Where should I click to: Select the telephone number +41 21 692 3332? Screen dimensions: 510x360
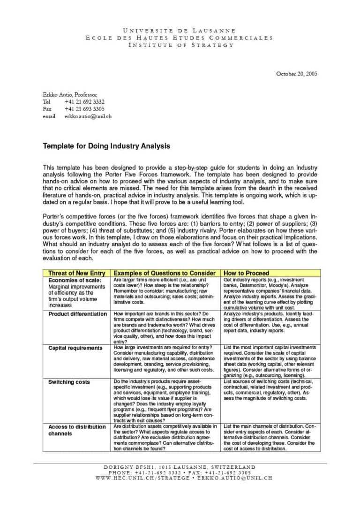tap(84, 102)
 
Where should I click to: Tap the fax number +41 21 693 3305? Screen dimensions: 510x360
tap(84, 109)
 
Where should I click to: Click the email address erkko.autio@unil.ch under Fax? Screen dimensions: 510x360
tap(88, 116)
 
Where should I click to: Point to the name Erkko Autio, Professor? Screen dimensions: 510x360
tap(70, 94)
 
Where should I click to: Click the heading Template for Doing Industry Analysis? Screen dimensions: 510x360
tap(106, 146)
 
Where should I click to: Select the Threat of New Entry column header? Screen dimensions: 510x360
tap(76, 273)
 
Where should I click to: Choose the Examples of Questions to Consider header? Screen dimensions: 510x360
tap(165, 273)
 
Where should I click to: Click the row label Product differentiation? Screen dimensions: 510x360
tap(77, 314)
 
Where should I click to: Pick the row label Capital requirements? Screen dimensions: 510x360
tap(75, 348)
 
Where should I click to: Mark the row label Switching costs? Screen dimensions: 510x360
tap(69, 382)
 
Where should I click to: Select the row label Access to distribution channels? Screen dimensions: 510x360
tap(77, 430)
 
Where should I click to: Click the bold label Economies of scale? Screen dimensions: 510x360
tap(75, 281)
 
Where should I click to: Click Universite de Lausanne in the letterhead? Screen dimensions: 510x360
tap(180, 30)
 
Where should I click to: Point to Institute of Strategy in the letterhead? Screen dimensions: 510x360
tap(180, 45)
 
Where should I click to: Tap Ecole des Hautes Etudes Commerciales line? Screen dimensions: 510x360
tap(180, 38)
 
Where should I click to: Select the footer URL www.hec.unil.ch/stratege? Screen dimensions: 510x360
tap(143, 478)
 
